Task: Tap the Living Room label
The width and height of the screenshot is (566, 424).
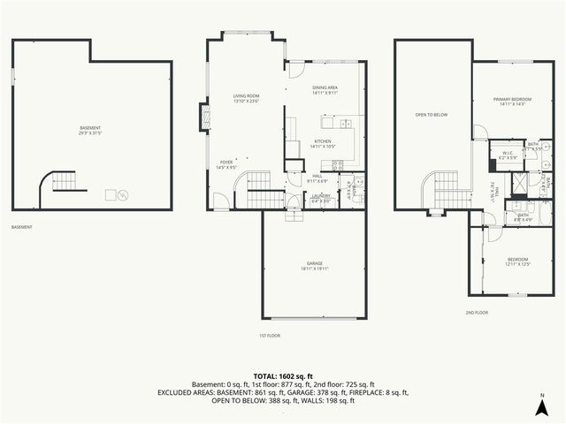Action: [x=246, y=98]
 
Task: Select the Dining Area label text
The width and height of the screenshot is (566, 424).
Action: [x=325, y=90]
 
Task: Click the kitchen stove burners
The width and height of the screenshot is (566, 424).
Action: [x=337, y=165]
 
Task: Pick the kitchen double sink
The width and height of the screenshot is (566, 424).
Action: [x=348, y=123]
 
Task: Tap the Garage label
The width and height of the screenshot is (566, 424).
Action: [x=315, y=266]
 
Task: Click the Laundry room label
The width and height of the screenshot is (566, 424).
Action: [x=321, y=200]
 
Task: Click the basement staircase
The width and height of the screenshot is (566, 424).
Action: [x=59, y=183]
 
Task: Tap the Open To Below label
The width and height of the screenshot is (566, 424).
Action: [x=432, y=115]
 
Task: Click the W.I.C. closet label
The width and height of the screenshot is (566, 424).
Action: [x=508, y=155]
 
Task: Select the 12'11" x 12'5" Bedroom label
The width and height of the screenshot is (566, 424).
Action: [x=516, y=261]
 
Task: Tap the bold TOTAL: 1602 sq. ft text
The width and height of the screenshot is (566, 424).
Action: [x=282, y=375]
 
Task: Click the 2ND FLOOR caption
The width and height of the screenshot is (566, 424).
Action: [x=476, y=312]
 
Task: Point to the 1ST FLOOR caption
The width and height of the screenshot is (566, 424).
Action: [x=270, y=336]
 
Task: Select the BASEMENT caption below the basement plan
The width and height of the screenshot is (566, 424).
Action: [x=22, y=227]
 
